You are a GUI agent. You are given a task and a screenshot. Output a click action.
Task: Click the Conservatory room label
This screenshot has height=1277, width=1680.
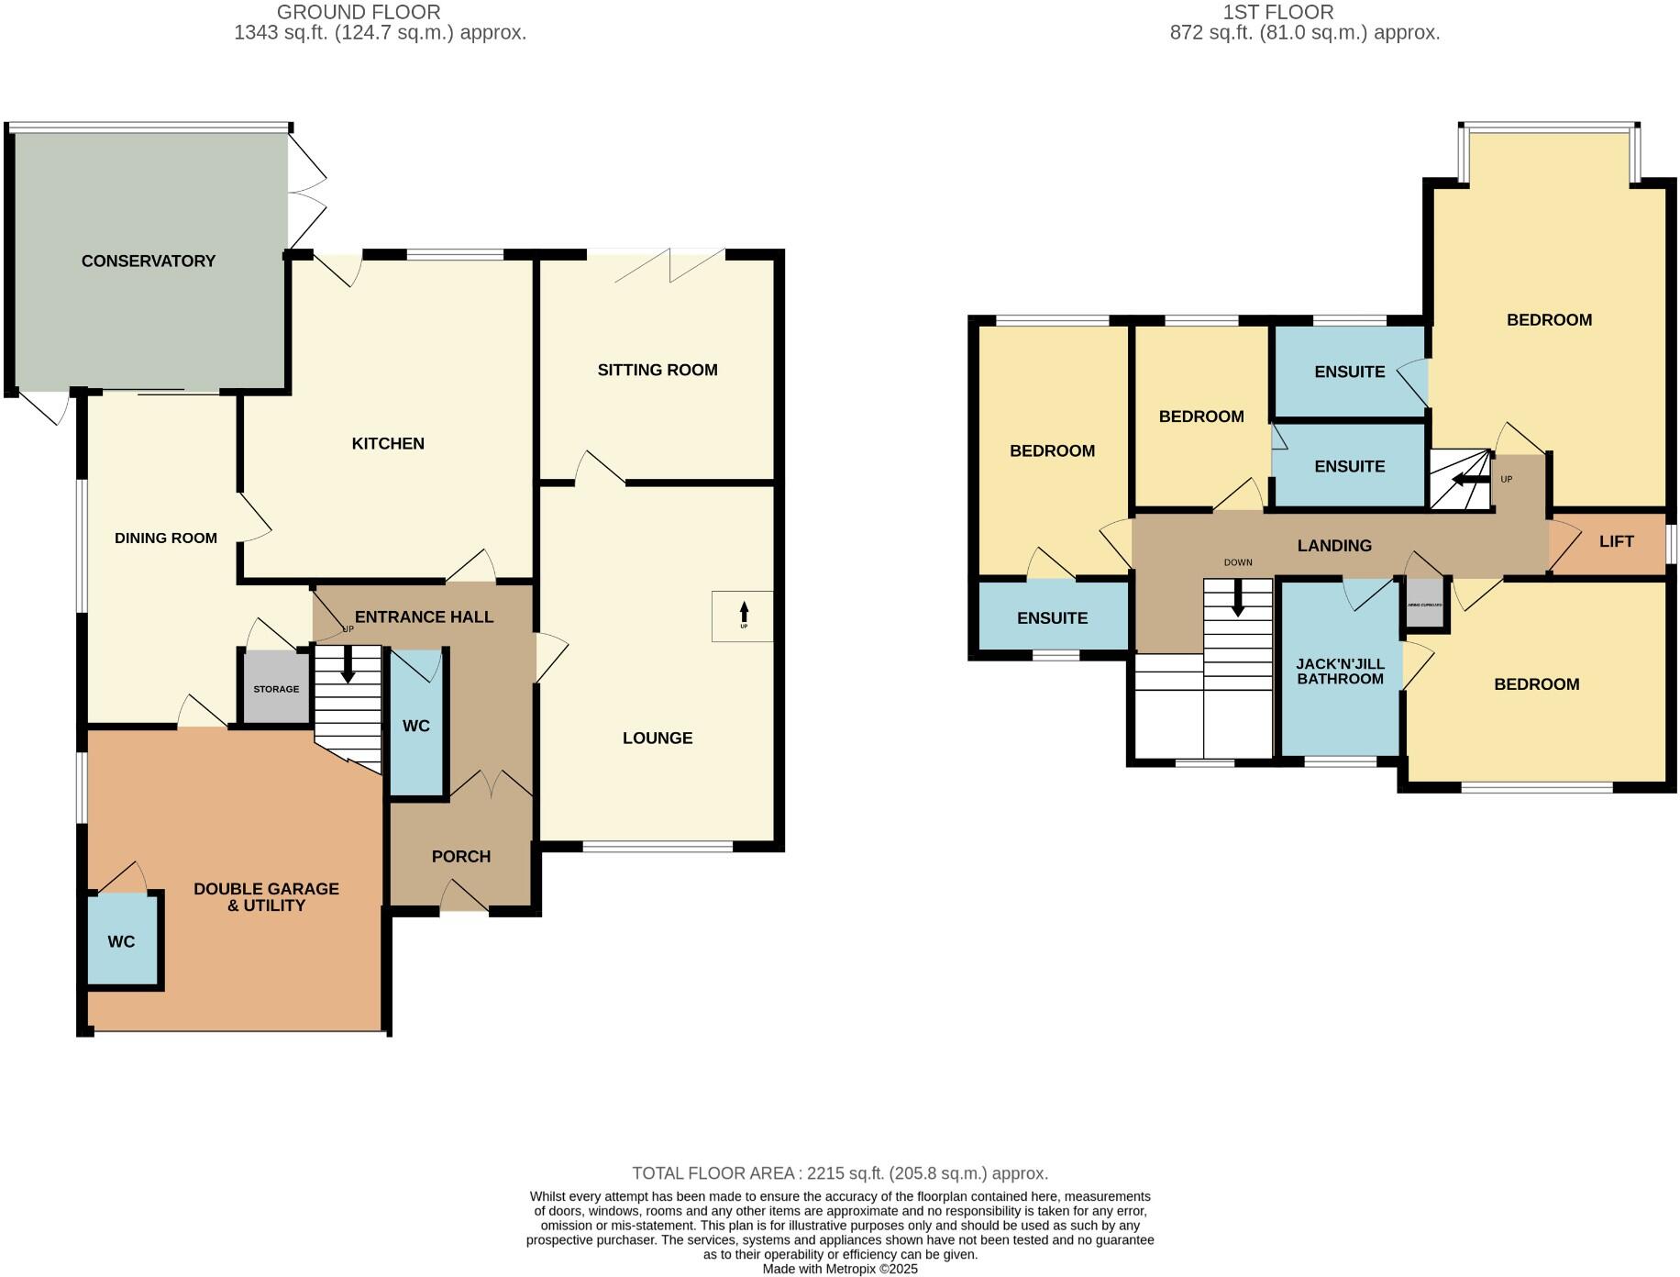[149, 261]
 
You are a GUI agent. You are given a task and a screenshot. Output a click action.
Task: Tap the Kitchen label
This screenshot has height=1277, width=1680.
[388, 444]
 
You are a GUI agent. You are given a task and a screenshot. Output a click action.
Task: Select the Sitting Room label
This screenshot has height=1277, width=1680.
[657, 370]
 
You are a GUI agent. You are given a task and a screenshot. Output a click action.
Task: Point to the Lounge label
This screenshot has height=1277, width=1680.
[657, 738]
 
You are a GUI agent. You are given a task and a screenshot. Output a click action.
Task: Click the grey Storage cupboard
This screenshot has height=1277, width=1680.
[276, 688]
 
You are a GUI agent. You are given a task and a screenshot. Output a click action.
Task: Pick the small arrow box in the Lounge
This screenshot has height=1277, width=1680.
[743, 616]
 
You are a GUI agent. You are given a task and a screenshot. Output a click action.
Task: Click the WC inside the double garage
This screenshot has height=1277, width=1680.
[122, 941]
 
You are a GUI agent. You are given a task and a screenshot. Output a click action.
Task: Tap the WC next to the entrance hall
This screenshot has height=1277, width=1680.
[416, 726]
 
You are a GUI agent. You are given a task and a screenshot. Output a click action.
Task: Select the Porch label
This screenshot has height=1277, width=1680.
[460, 856]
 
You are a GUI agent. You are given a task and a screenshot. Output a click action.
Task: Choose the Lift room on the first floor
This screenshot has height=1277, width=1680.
[1616, 541]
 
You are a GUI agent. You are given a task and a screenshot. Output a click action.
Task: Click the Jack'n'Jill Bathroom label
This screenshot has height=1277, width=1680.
[1340, 671]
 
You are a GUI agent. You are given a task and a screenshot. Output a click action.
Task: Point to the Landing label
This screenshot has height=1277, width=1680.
[1334, 546]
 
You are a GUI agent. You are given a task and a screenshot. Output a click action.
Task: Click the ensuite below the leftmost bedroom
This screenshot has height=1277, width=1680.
[1052, 618]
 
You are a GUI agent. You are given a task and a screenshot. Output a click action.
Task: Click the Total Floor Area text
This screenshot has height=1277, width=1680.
[839, 1173]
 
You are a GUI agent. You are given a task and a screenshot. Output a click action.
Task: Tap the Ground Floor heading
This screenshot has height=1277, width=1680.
[359, 13]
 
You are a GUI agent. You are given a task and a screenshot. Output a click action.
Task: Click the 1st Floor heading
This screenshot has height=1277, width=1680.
[1278, 13]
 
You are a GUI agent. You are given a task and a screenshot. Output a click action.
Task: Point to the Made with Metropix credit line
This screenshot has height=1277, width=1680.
[839, 1269]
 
